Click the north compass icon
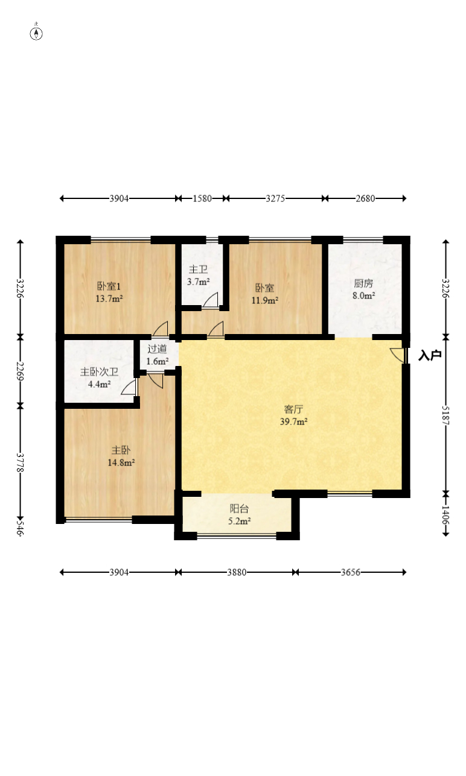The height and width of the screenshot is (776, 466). (36, 33)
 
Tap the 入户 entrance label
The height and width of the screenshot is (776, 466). (430, 355)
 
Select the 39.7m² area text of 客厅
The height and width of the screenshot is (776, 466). (294, 421)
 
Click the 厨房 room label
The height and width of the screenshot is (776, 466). (363, 283)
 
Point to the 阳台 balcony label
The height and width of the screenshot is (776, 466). (239, 508)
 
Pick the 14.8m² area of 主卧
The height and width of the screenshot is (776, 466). (121, 462)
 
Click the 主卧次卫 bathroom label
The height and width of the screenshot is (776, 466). (99, 372)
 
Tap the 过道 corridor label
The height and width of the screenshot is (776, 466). (157, 349)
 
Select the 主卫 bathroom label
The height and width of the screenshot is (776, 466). (198, 270)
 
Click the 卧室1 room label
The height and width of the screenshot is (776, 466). (109, 286)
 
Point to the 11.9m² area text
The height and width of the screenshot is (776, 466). (265, 300)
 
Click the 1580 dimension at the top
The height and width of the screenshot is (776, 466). (202, 198)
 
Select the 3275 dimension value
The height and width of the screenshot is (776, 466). (275, 198)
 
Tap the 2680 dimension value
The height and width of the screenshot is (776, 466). (365, 198)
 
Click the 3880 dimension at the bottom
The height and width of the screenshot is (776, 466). (237, 572)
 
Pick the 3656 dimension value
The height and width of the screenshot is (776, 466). (351, 572)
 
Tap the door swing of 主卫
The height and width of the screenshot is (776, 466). (211, 300)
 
